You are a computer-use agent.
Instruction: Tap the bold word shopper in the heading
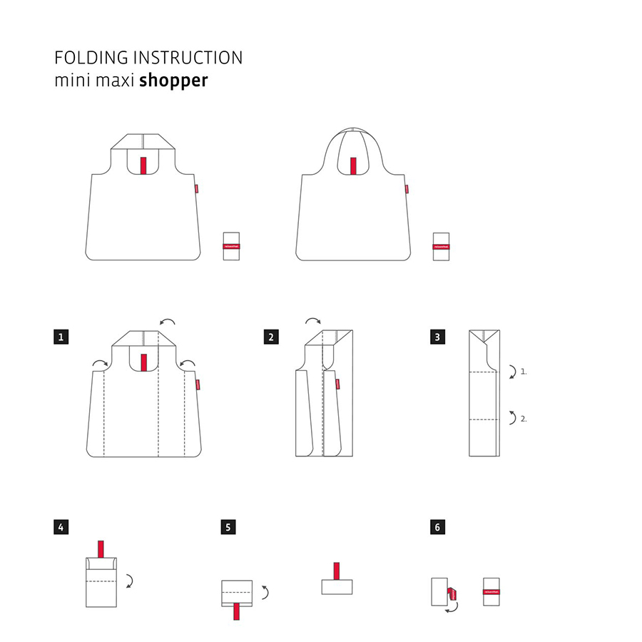coord(173,80)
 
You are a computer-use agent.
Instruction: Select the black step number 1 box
coord(61,337)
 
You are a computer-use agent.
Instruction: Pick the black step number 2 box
coord(270,337)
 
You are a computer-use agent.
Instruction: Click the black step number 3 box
coord(437,337)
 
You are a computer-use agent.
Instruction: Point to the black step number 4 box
coord(61,527)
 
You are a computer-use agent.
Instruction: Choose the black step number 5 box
coord(228,527)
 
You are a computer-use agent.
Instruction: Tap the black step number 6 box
coord(437,527)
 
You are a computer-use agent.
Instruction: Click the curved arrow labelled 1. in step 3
coord(511,371)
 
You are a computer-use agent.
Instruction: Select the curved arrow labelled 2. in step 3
coord(511,418)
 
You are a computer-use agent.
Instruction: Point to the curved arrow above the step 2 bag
coord(313,322)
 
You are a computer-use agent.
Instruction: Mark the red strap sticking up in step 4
coord(101,549)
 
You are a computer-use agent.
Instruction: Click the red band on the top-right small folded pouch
coord(441,245)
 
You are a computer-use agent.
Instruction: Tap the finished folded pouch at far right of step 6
coord(491,591)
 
